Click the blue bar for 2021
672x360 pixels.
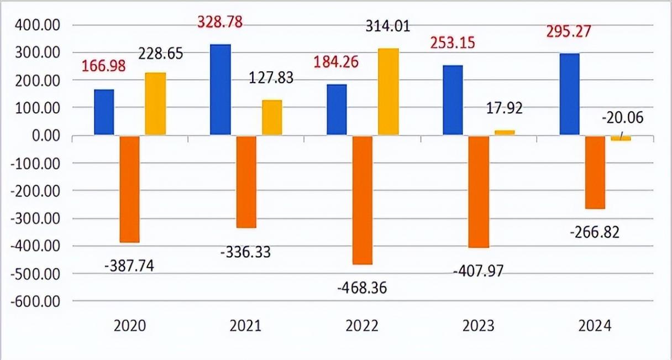(x=221, y=90)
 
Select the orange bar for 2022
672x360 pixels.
(x=362, y=200)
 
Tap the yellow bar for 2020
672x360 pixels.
(x=155, y=103)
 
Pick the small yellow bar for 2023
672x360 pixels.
(x=505, y=133)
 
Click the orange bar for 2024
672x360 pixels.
(x=595, y=172)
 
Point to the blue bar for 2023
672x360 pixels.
(x=453, y=100)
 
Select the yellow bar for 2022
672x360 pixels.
(x=388, y=92)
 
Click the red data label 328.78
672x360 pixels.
(x=220, y=23)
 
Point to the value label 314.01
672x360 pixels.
(x=388, y=25)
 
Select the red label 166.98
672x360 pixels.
(x=104, y=66)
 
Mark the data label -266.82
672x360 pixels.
(x=595, y=232)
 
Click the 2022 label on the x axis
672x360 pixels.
(x=362, y=326)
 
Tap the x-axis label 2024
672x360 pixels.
(x=595, y=326)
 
